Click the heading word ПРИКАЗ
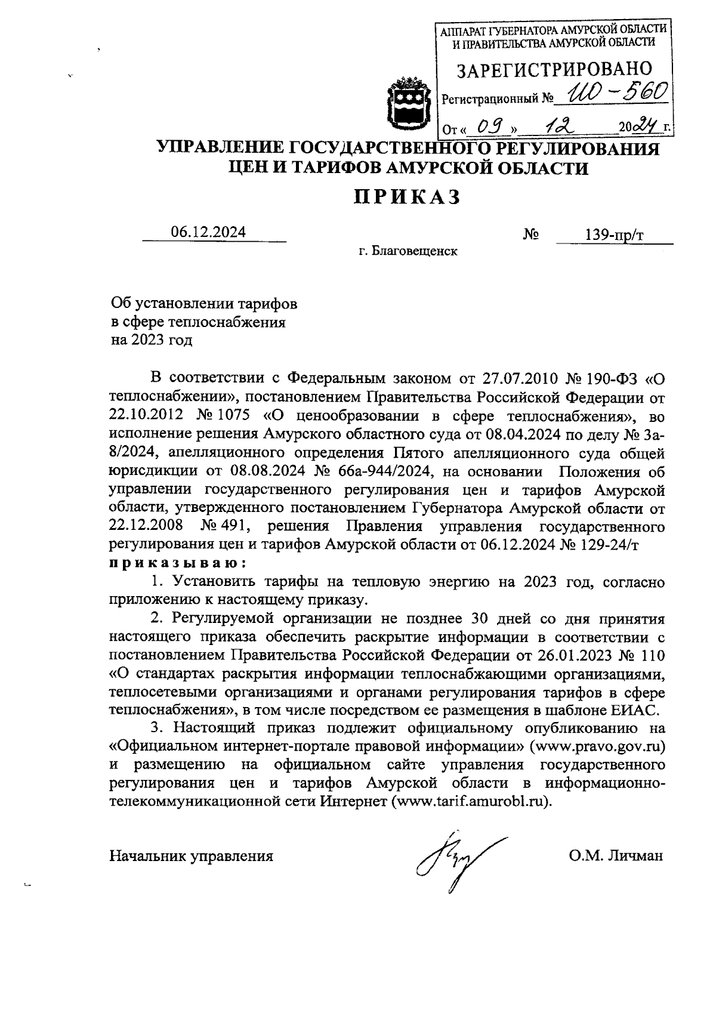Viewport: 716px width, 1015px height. pyautogui.click(x=408, y=196)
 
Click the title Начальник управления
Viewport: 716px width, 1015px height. pyautogui.click(x=191, y=856)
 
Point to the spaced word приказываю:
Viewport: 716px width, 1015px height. pyautogui.click(x=177, y=563)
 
